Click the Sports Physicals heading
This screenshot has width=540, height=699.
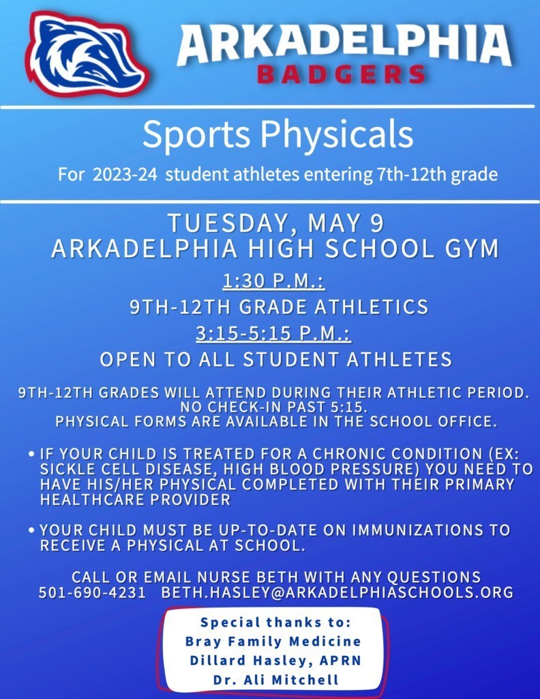tap(277, 134)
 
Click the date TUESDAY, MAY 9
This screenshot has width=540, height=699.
tap(276, 223)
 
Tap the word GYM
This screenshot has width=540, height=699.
tap(471, 248)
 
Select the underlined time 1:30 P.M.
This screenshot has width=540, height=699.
tap(274, 281)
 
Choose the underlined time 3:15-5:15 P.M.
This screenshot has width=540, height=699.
tap(273, 333)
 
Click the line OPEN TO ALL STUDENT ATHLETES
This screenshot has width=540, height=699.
tap(276, 359)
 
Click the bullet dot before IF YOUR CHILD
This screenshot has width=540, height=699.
tap(33, 454)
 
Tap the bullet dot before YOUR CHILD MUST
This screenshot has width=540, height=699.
tap(33, 530)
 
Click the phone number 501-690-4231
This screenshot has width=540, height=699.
tap(92, 593)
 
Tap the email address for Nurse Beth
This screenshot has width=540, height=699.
tap(337, 593)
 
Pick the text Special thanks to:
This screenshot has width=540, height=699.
tap(275, 623)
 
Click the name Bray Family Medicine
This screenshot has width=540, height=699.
tap(273, 642)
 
